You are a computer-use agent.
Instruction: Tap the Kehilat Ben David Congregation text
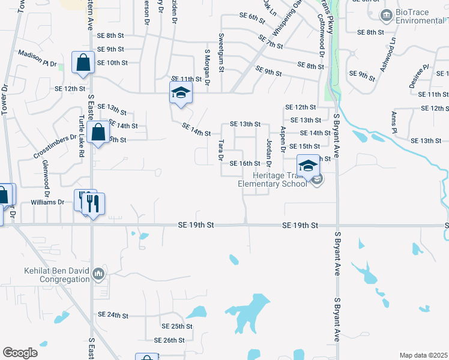pyautogui.click(x=57, y=275)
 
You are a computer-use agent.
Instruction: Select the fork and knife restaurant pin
pyautogui.click(x=93, y=203)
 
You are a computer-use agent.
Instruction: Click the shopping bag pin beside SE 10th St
pyautogui.click(x=82, y=62)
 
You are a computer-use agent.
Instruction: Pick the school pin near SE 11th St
pyautogui.click(x=179, y=94)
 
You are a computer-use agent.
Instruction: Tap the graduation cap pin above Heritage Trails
pyautogui.click(x=308, y=166)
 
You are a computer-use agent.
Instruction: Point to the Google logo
pyautogui.click(x=20, y=353)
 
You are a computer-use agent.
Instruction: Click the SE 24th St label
pyautogui.click(x=113, y=315)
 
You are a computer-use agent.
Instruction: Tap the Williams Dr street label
pyautogui.click(x=47, y=202)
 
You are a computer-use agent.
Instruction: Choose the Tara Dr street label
pyautogui.click(x=221, y=150)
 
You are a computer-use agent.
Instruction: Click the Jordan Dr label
pyautogui.click(x=269, y=153)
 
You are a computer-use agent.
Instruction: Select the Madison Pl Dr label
pyautogui.click(x=37, y=58)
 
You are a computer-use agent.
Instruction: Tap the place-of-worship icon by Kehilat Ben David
pyautogui.click(x=98, y=275)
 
